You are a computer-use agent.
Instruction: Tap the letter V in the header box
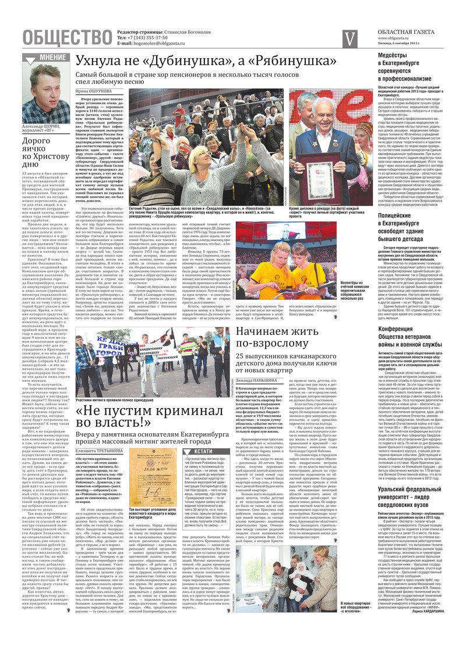click(x=349, y=39)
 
